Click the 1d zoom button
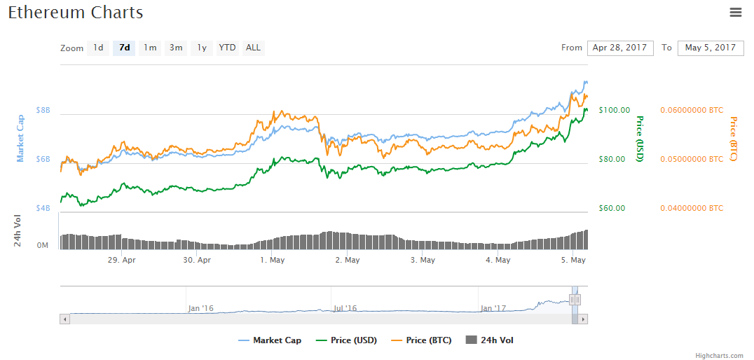[x=98, y=48]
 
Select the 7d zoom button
[x=124, y=48]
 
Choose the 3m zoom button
[x=176, y=48]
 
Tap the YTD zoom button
[x=227, y=48]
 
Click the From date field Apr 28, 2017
[x=619, y=48]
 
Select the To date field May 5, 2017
[x=710, y=48]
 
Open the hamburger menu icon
[x=735, y=12]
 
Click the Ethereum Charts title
[x=76, y=13]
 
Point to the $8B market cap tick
[x=43, y=111]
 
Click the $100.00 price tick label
[x=615, y=110]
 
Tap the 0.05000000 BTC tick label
[x=691, y=159]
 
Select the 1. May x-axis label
[x=272, y=260]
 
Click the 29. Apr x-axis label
[x=121, y=260]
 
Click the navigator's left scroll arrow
[x=65, y=319]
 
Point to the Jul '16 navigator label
[x=344, y=308]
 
